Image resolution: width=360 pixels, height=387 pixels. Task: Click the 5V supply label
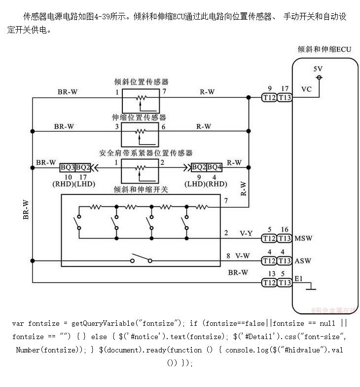[x=318, y=69]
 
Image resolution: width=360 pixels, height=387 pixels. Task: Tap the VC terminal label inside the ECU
[x=306, y=89]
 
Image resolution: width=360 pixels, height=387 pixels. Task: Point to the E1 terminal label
[x=298, y=279]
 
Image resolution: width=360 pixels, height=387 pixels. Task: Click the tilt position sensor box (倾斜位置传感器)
[x=141, y=101]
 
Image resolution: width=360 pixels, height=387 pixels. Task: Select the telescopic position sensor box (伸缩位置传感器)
[x=141, y=133]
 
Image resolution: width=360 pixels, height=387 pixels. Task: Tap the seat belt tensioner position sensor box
[x=141, y=170]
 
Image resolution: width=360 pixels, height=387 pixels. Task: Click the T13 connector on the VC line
[x=285, y=98]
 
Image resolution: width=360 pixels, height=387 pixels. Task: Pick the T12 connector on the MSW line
[x=269, y=239]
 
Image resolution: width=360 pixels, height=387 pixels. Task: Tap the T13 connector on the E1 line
[x=285, y=283]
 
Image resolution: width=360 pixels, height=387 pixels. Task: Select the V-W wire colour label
[x=243, y=256]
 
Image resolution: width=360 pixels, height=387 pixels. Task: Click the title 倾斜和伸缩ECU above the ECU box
[x=324, y=49]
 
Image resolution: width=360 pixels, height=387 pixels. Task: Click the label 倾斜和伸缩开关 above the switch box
[x=141, y=189]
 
